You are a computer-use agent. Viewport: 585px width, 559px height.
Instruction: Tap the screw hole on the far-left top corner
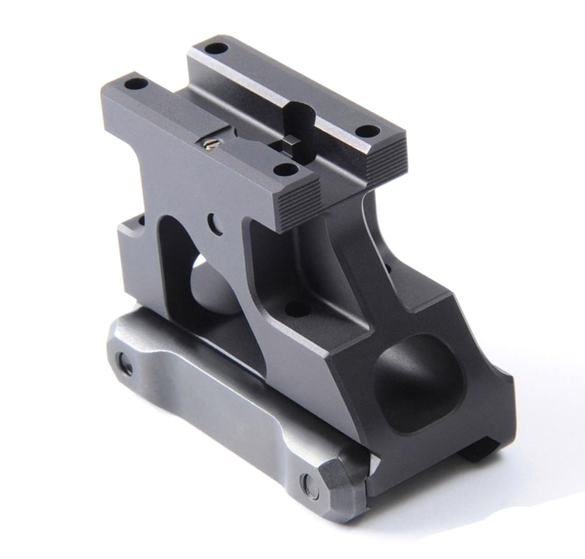(135, 83)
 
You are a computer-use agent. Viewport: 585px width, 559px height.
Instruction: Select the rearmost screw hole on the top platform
(216, 48)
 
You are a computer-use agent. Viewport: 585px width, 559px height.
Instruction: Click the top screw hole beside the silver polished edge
(368, 131)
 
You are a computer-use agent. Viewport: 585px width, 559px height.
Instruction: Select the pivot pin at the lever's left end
(125, 365)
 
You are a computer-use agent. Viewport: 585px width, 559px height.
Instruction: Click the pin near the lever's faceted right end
(309, 486)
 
